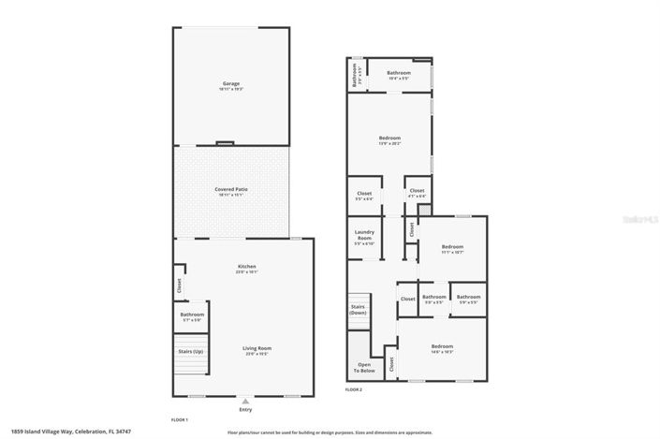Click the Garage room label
point(231,85)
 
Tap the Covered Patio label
point(230,191)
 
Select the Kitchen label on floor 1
point(246,268)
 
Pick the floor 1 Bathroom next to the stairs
point(192,316)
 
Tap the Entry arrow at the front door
point(245,399)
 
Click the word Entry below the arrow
point(245,409)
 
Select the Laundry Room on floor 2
point(363,238)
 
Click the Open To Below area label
point(363,366)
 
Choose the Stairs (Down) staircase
point(359,310)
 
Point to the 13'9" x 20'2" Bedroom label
point(389,139)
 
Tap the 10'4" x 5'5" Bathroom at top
point(400,75)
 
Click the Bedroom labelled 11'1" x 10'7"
point(452,249)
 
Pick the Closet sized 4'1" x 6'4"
point(417,194)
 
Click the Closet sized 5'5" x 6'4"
point(364,196)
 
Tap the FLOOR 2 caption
point(354,388)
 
